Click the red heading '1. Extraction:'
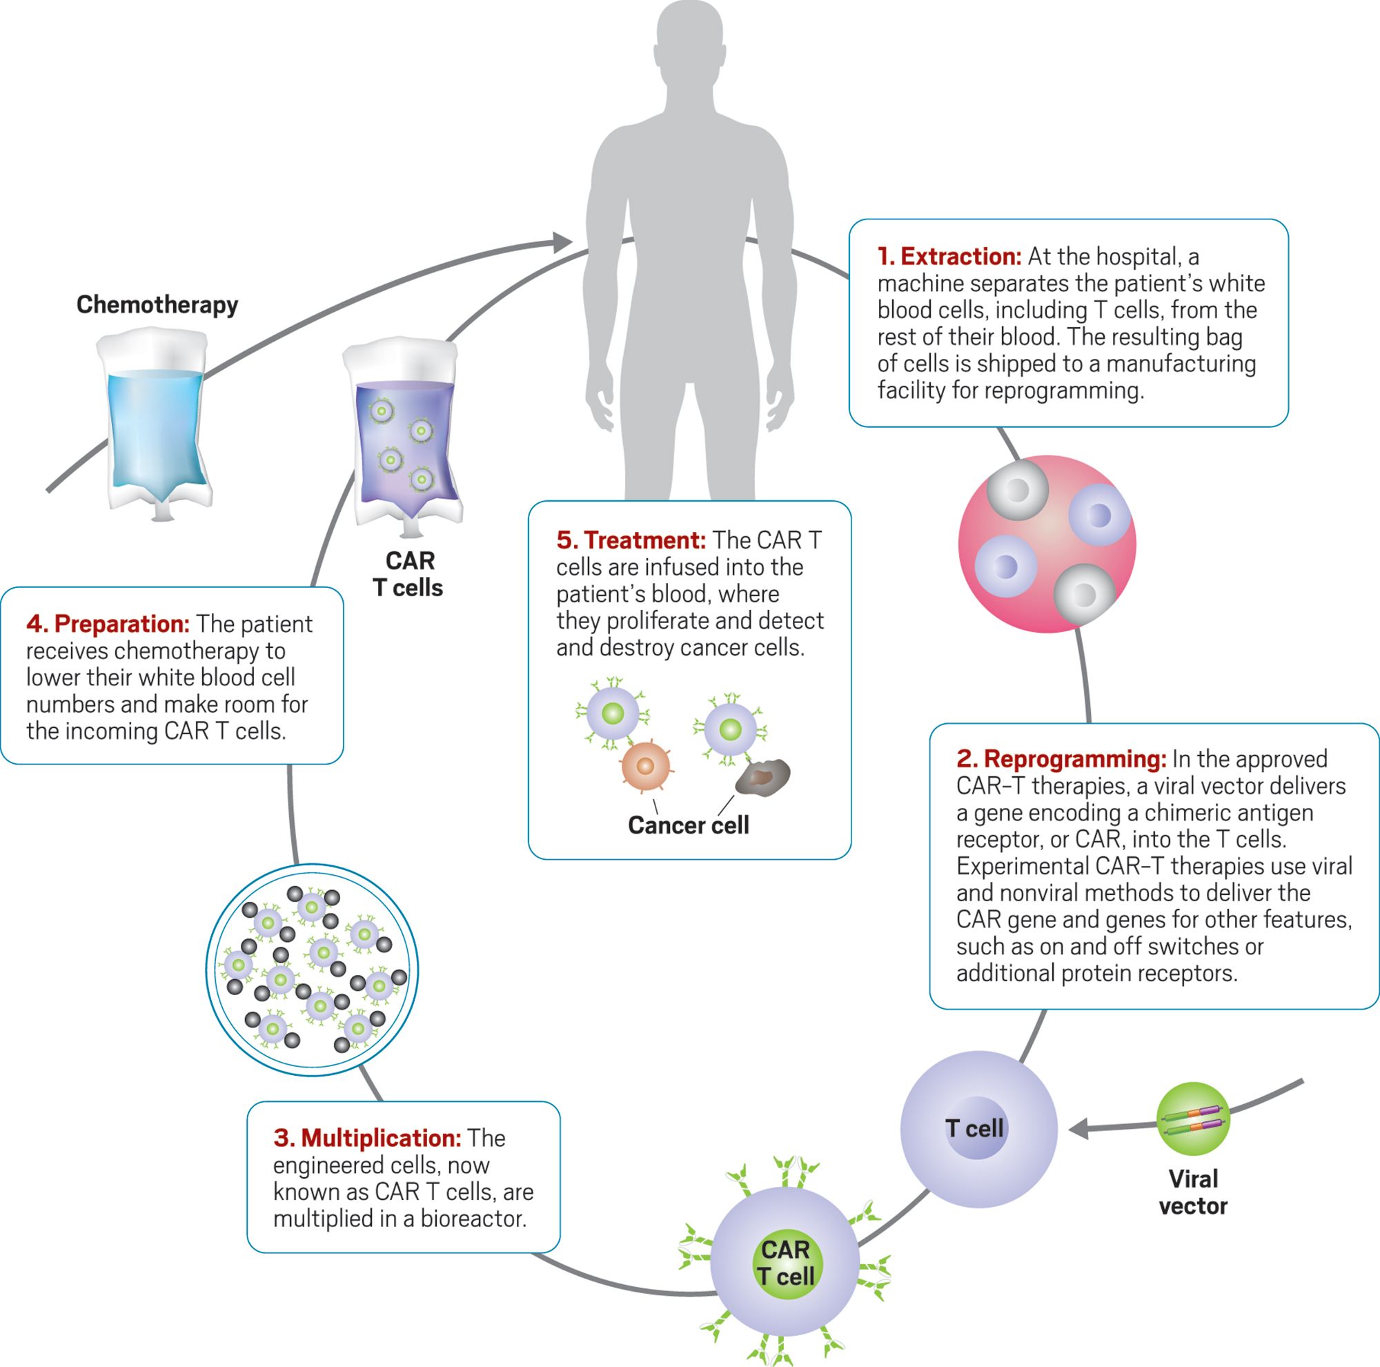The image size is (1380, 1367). [949, 257]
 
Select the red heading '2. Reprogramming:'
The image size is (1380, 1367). [1061, 758]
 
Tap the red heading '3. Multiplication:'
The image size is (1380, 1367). [367, 1138]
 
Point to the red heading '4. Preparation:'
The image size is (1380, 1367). [108, 625]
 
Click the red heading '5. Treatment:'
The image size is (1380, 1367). [631, 540]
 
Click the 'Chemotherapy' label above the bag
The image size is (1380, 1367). [157, 305]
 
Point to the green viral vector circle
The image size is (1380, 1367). [1193, 1119]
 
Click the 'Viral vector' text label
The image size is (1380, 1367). [1193, 1192]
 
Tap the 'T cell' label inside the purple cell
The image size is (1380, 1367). [975, 1128]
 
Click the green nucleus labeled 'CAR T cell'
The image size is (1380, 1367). [787, 1263]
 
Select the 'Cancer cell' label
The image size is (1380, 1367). [688, 825]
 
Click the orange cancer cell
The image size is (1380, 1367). [645, 767]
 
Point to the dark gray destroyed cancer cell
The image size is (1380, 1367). [763, 777]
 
